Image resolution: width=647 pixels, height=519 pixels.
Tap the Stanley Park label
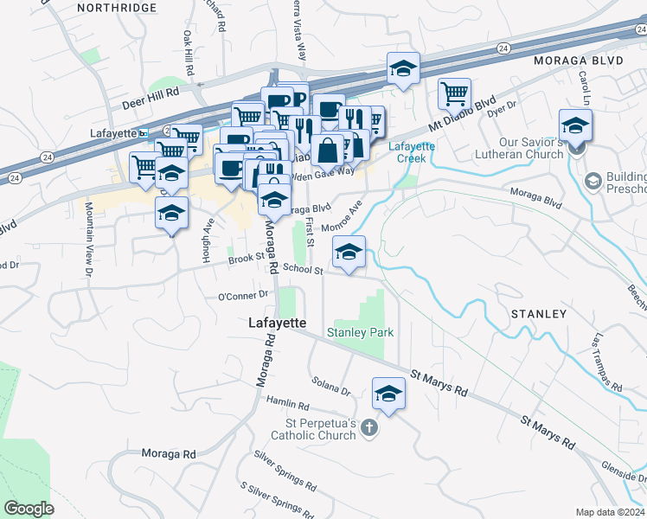[x=360, y=332]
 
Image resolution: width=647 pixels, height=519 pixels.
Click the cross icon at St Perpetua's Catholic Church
[x=368, y=426]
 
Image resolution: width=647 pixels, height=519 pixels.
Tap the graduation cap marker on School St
[x=349, y=253]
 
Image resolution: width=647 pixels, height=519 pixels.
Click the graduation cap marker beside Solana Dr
[x=389, y=394]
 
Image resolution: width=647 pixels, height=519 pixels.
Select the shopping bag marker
[x=328, y=151]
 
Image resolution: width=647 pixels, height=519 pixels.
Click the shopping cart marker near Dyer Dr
[x=454, y=93]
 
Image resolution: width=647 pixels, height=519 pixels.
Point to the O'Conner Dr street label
[x=244, y=296]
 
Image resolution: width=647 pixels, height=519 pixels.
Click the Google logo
[x=29, y=508]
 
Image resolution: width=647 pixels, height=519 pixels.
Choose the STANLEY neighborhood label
[x=538, y=314]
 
